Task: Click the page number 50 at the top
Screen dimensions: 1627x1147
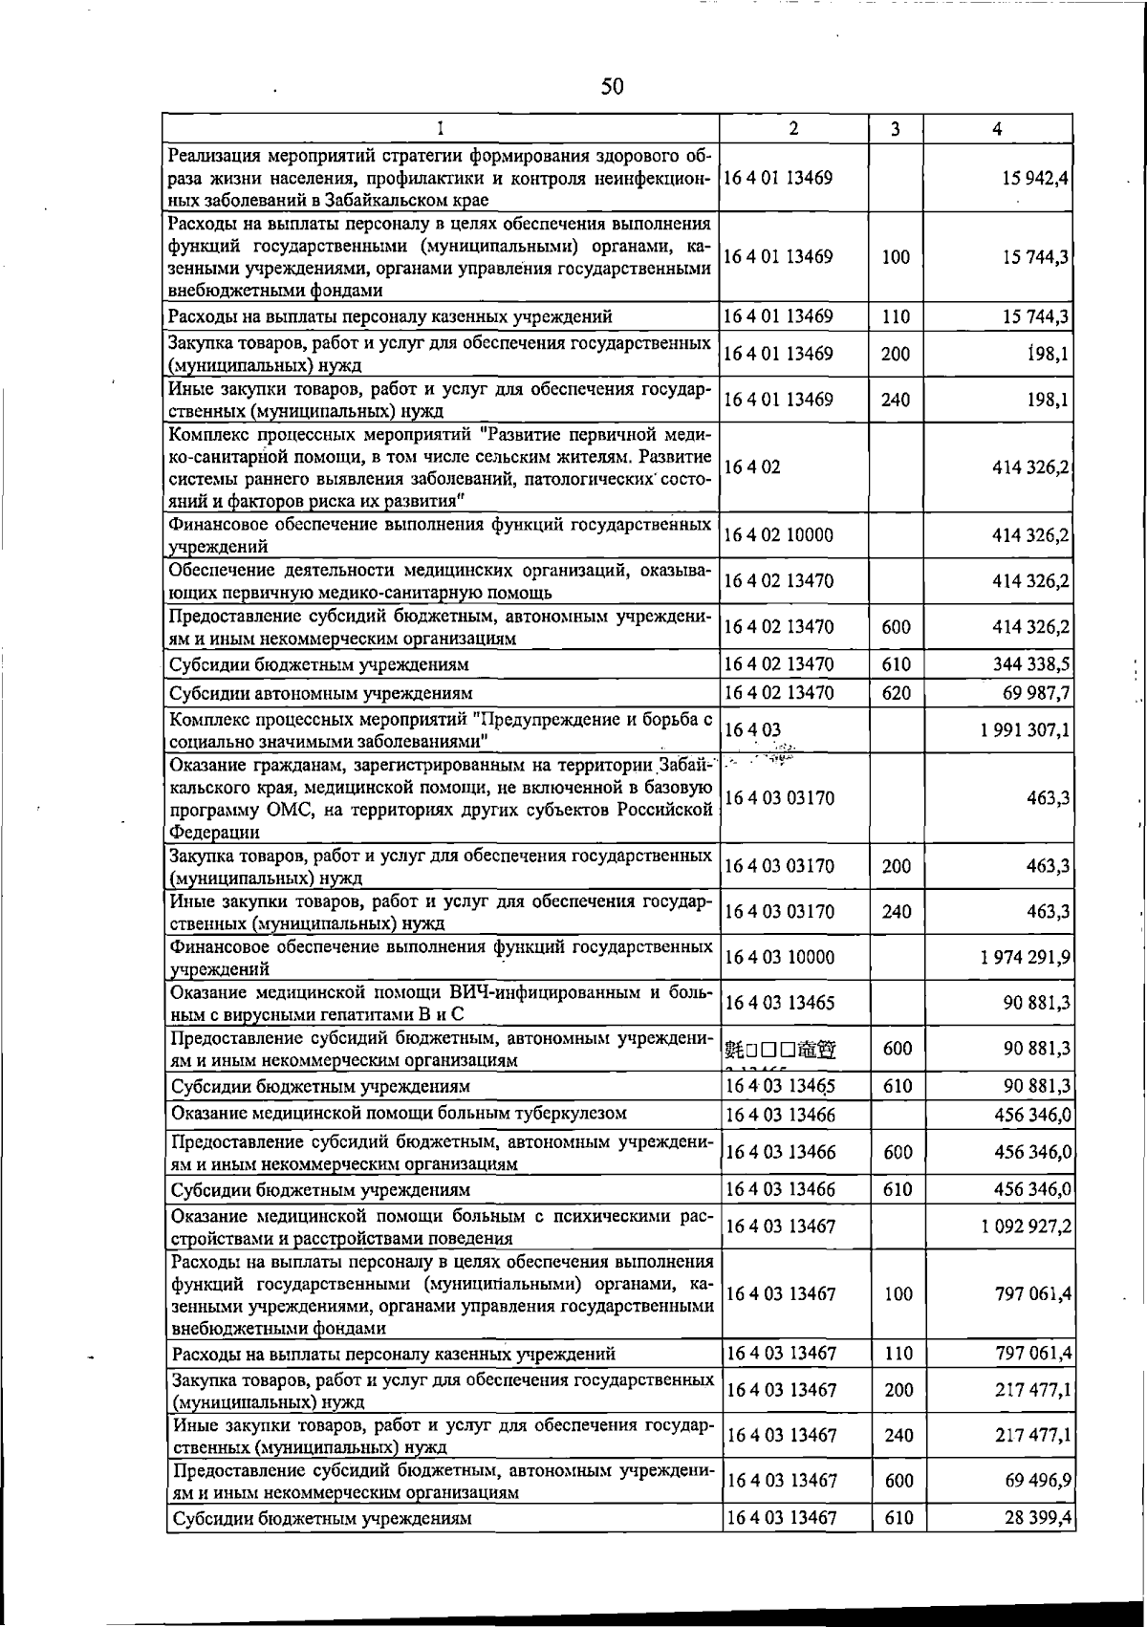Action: pyautogui.click(x=612, y=87)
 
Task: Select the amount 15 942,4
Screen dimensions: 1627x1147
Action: pyautogui.click(x=1030, y=178)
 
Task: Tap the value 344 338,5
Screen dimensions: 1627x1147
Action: pyautogui.click(x=1030, y=663)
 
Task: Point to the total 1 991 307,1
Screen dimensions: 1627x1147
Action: pyautogui.click(x=1024, y=730)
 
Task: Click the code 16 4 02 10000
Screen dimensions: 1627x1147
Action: pyautogui.click(x=779, y=535)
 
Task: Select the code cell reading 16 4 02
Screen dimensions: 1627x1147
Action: pyautogui.click(x=753, y=467)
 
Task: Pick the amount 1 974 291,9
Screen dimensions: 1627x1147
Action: pyautogui.click(x=1024, y=957)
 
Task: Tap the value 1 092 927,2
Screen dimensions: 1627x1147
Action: pyautogui.click(x=1024, y=1226)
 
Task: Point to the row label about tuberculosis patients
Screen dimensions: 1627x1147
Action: pyautogui.click(x=399, y=1114)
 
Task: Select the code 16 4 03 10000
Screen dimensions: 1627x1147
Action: pyautogui.click(x=780, y=957)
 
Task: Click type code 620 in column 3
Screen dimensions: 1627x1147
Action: pyautogui.click(x=897, y=692)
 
